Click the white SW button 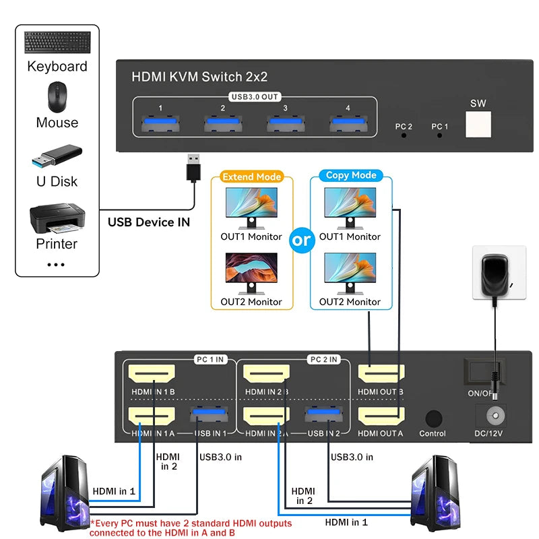pyautogui.click(x=478, y=124)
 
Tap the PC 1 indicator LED pyautogui.click(x=440, y=135)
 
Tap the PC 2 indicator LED pyautogui.click(x=404, y=135)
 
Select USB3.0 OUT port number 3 pyautogui.click(x=285, y=123)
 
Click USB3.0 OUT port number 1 pyautogui.click(x=160, y=123)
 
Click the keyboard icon pyautogui.click(x=57, y=43)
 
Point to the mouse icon pyautogui.click(x=57, y=98)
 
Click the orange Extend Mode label pyautogui.click(x=252, y=177)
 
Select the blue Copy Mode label pyautogui.click(x=350, y=175)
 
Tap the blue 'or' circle pyautogui.click(x=302, y=240)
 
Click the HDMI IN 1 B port pyautogui.click(x=152, y=374)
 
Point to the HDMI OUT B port pyautogui.click(x=381, y=374)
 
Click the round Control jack pyautogui.click(x=433, y=418)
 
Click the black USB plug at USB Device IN pyautogui.click(x=194, y=167)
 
